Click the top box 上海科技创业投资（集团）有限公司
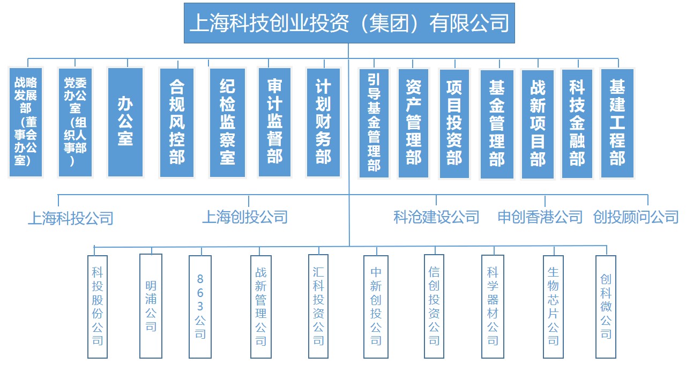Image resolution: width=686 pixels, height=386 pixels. (x=349, y=23)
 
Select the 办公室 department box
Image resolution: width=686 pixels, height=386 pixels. (x=125, y=122)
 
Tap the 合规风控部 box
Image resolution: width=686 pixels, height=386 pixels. (x=177, y=122)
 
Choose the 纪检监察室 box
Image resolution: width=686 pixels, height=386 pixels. (x=227, y=122)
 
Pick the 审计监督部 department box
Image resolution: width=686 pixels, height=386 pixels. (x=274, y=122)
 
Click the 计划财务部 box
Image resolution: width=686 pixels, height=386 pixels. (x=323, y=122)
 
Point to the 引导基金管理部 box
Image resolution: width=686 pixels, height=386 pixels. (x=374, y=123)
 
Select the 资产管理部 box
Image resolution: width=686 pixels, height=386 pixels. (x=413, y=123)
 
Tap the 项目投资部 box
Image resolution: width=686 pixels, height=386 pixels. (x=454, y=123)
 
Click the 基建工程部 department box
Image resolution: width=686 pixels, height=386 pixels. (x=617, y=123)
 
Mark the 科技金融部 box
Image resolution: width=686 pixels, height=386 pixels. (x=577, y=123)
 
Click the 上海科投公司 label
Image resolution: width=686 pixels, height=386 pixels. (x=71, y=218)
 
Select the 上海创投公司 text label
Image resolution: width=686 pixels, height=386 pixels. (x=245, y=217)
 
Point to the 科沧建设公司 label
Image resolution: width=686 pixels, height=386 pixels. (x=436, y=217)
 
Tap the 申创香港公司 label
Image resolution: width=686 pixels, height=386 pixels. (x=540, y=217)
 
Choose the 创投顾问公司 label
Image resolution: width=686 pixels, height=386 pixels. (x=636, y=217)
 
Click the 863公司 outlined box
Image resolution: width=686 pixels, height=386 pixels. (x=200, y=307)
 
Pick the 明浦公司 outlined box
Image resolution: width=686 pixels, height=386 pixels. (x=151, y=306)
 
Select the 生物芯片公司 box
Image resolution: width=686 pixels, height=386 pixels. (x=553, y=307)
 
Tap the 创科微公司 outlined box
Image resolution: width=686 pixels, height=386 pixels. (x=606, y=307)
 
